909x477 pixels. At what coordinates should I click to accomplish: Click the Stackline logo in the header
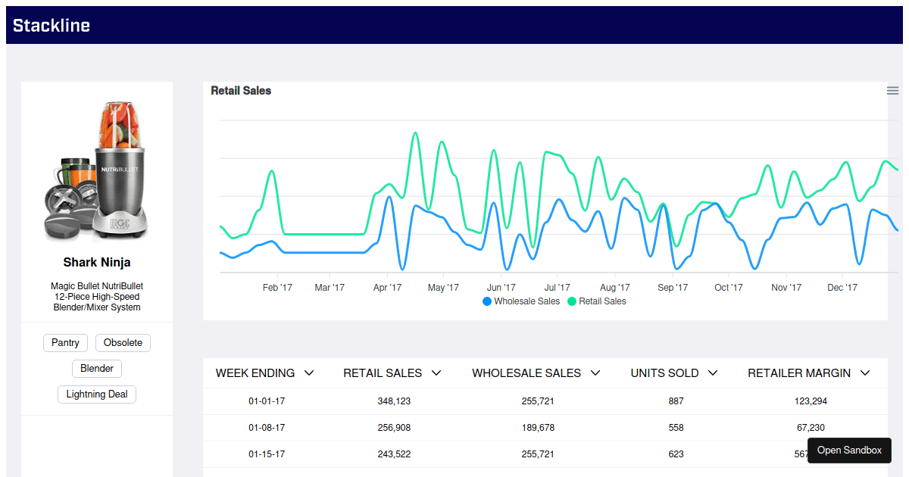pos(52,26)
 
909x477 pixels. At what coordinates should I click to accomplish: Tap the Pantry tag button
pos(65,343)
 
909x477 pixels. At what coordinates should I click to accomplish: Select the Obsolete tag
pos(123,343)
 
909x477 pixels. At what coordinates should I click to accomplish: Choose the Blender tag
pos(97,369)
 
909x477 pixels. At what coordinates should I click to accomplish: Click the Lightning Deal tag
pos(97,394)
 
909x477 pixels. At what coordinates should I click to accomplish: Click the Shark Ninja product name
pos(97,263)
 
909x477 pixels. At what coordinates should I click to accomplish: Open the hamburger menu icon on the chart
pos(893,91)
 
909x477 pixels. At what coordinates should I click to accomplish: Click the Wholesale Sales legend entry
pos(521,301)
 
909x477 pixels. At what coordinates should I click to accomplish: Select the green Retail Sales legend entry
pos(597,301)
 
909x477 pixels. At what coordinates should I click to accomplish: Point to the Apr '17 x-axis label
pos(387,288)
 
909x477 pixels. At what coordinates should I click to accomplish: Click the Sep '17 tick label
pos(673,288)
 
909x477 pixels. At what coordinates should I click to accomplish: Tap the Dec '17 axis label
pos(842,288)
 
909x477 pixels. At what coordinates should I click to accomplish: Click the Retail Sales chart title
pos(241,91)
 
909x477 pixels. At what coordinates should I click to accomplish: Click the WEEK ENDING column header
pos(255,373)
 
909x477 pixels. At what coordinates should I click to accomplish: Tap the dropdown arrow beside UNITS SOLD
pos(714,373)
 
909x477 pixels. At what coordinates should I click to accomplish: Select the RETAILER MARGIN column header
pos(799,373)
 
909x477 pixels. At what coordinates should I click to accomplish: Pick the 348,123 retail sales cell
pos(394,401)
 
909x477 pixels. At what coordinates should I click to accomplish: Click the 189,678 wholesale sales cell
pos(538,428)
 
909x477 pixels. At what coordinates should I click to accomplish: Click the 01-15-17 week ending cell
pos(267,454)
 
